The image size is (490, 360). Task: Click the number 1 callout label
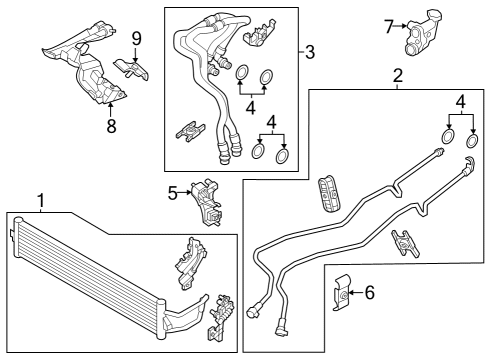click(40, 202)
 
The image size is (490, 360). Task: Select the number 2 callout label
click(397, 76)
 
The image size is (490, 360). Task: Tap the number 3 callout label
click(310, 51)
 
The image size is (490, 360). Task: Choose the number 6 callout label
click(369, 292)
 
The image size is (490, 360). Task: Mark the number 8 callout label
click(111, 126)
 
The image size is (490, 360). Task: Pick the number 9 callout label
click(136, 39)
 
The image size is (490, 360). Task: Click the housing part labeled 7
click(422, 31)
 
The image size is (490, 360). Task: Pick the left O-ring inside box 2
click(447, 137)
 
